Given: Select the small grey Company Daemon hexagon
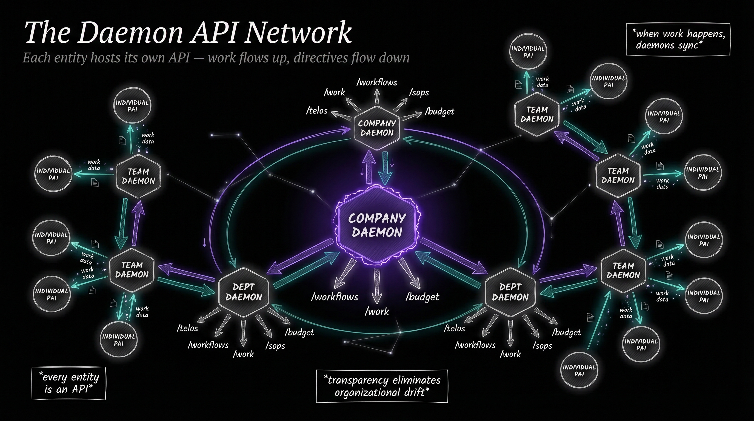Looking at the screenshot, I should (x=377, y=128).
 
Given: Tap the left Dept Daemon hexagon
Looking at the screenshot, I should (x=244, y=292).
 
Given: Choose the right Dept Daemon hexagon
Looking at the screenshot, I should (x=510, y=292).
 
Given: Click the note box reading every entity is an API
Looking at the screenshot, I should (x=69, y=383).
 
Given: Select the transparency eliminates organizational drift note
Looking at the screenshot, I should (x=382, y=386).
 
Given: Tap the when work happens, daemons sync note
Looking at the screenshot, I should (x=678, y=39).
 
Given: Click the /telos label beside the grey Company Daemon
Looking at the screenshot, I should (x=317, y=111).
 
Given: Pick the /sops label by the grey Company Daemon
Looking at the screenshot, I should (x=419, y=93).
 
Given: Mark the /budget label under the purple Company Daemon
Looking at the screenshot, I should (x=422, y=297).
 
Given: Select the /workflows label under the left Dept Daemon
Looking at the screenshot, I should (x=208, y=345).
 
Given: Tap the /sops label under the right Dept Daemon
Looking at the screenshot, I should (x=542, y=346).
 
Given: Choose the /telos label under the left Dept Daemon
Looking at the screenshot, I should (x=187, y=328).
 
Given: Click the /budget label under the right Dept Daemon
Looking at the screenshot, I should (x=566, y=332).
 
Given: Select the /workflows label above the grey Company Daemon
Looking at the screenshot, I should (x=377, y=83).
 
